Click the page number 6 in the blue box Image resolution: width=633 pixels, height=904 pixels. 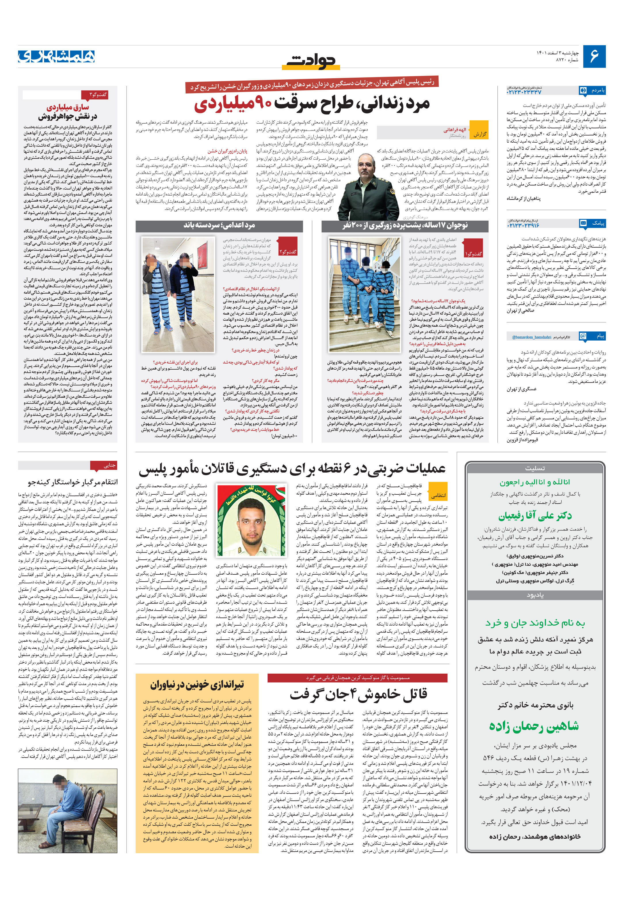[x=594, y=56]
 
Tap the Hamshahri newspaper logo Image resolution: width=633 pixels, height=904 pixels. [x=56, y=56]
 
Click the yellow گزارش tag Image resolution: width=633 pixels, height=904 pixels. [x=479, y=134]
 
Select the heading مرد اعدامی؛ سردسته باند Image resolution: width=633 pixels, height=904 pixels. [x=220, y=225]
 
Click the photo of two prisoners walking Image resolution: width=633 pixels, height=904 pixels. [x=178, y=294]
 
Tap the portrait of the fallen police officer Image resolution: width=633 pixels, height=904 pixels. [x=251, y=520]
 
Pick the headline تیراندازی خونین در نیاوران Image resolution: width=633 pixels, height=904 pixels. [x=197, y=684]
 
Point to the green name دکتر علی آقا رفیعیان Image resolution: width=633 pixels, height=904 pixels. [x=535, y=515]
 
